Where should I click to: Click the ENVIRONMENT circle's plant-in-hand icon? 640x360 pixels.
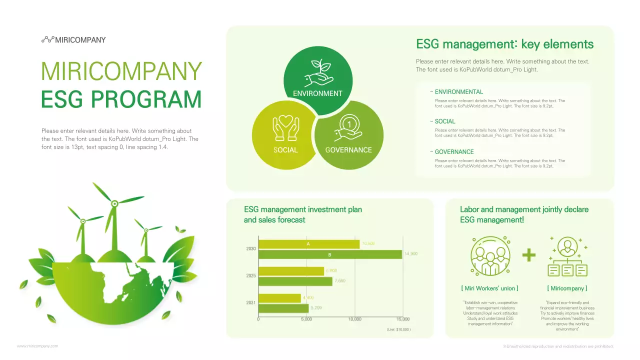point(318,73)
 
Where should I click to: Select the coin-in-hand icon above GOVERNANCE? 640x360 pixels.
point(348,127)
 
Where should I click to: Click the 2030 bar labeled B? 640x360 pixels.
point(330,254)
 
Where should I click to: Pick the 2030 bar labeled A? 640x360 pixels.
point(308,244)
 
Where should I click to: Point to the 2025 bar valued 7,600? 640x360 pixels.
point(295,281)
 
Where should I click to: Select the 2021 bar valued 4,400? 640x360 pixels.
point(279,298)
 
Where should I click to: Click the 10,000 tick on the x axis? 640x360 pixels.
point(354,319)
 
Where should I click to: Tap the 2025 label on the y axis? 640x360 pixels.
point(251,276)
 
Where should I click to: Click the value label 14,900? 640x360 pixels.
point(410,254)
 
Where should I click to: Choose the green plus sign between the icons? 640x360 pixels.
point(528,255)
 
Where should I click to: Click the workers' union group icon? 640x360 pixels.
point(490,255)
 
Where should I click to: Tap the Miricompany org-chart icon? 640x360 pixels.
point(567,256)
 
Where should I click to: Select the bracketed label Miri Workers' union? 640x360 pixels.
point(489,288)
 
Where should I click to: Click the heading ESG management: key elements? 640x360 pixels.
point(504,44)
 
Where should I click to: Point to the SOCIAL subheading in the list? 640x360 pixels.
point(444,121)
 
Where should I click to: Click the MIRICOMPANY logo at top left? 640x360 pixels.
point(73,40)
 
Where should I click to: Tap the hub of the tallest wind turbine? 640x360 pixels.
point(114,203)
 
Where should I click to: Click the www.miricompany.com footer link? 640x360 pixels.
point(37,346)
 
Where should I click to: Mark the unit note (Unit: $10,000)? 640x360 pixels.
point(398,330)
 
